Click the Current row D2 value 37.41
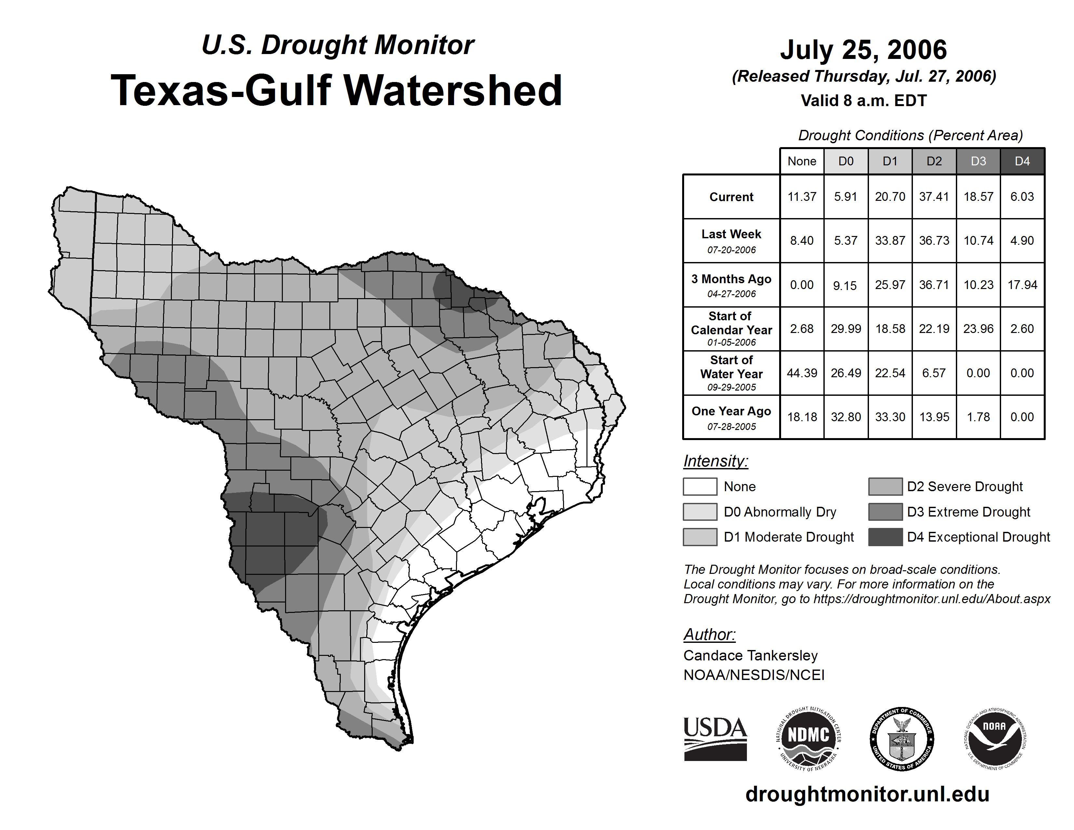coord(934,197)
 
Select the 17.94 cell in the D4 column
coord(1022,285)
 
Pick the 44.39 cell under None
coord(802,373)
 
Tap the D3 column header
coord(978,161)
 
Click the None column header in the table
coord(802,161)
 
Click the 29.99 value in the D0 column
coord(846,328)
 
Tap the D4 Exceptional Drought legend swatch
coord(885,537)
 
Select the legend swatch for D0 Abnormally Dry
coord(700,511)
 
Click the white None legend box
coord(700,486)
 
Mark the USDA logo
coord(715,739)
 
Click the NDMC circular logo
coord(808,739)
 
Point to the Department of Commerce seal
coord(902,739)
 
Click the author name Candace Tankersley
coord(750,656)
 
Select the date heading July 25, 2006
coord(863,50)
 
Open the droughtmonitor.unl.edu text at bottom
coord(867,794)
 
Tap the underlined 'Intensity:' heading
coord(715,461)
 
